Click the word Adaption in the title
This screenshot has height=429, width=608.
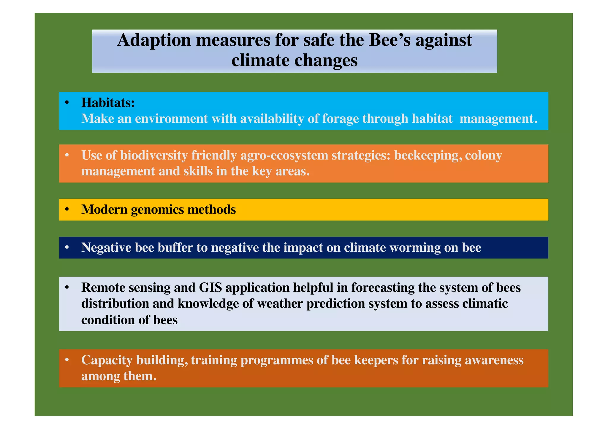point(154,40)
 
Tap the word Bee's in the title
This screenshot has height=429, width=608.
point(389,40)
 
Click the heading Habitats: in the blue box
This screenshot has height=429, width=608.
point(108,103)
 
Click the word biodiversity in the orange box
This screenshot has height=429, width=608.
point(154,155)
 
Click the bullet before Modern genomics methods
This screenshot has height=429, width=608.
point(67,210)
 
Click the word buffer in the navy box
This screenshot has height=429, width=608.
point(175,248)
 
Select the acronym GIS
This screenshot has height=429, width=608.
point(210,288)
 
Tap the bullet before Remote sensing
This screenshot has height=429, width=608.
point(67,288)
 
